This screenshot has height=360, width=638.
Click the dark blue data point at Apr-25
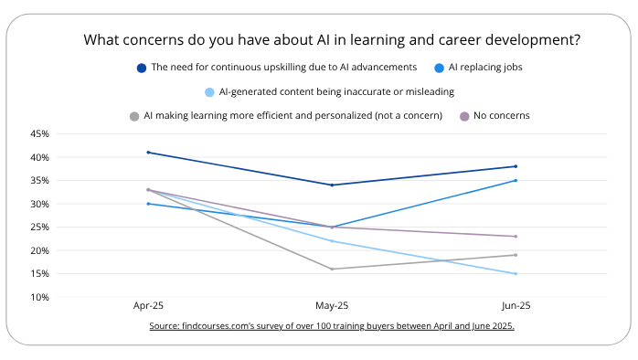[x=148, y=153]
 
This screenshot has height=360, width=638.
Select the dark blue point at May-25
[x=332, y=185]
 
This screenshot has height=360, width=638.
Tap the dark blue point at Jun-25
[x=516, y=166]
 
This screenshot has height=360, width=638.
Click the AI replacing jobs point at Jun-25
[x=516, y=180]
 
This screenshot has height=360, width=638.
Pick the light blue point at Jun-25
[x=516, y=273]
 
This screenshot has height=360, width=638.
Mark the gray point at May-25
[x=332, y=269]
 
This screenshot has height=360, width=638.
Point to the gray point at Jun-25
[x=516, y=255]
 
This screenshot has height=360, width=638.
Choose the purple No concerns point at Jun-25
[x=516, y=237]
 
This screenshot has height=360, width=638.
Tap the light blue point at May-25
[x=332, y=241]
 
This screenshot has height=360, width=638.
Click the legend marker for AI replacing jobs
[x=440, y=68]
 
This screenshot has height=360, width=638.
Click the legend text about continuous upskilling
[x=283, y=68]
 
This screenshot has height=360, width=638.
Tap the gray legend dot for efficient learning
[x=134, y=116]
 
